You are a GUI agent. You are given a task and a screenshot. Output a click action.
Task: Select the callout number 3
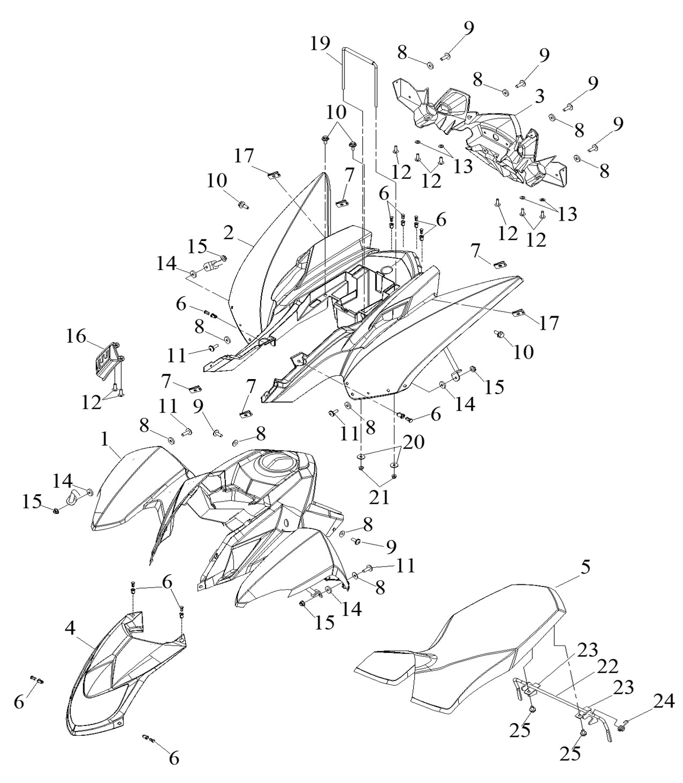[539, 97]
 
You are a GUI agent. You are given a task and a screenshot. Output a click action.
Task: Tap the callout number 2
[229, 233]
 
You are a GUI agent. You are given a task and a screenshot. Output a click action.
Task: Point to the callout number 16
[76, 337]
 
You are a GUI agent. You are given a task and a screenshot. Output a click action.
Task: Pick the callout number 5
[584, 568]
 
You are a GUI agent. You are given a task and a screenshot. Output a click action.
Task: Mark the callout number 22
[607, 666]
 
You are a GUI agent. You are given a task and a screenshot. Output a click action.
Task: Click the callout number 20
[414, 442]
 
